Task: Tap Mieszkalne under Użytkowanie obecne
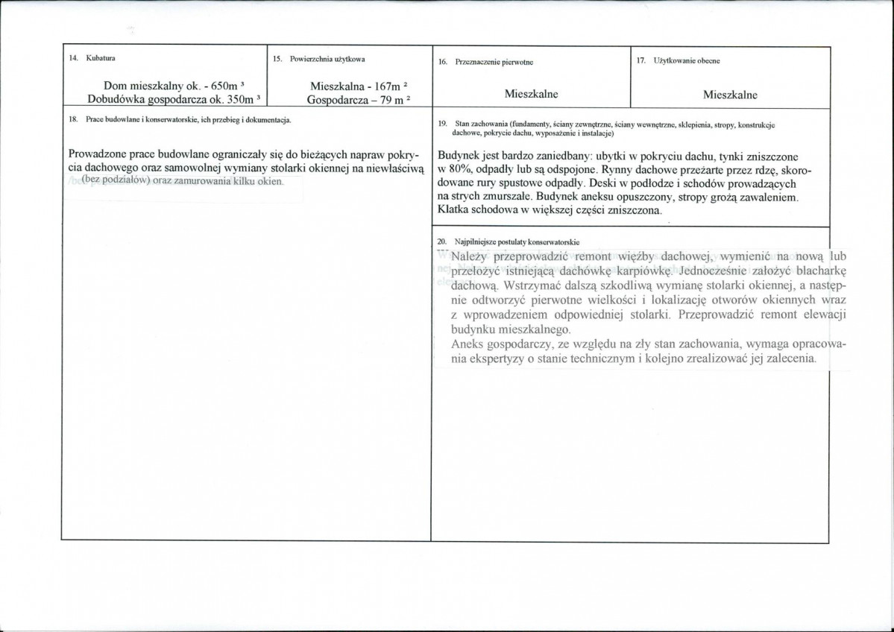click(730, 95)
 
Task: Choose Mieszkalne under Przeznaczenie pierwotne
click(531, 95)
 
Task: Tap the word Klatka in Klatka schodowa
click(454, 211)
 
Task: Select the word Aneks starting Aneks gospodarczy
click(468, 344)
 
